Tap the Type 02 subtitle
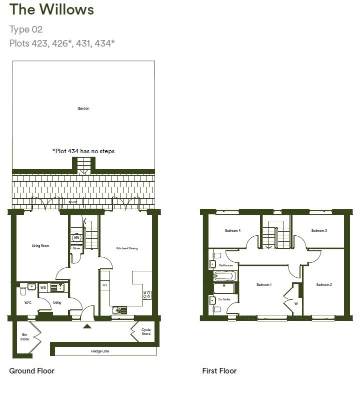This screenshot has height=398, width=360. click(26, 30)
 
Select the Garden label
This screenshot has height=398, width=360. click(83, 108)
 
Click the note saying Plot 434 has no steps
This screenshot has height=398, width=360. click(83, 151)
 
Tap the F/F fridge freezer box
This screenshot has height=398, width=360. click(105, 285)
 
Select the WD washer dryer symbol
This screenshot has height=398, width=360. click(43, 287)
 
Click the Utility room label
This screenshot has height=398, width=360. click(56, 303)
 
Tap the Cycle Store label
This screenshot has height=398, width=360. click(145, 331)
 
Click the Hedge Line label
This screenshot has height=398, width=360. click(100, 351)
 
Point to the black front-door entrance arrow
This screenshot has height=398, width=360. click(87, 326)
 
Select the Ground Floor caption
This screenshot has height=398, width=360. click(32, 371)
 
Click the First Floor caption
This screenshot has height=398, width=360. click(219, 371)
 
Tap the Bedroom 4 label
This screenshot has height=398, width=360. click(232, 231)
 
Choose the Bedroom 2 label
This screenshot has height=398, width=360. click(324, 285)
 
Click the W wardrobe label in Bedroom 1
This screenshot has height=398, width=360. click(296, 303)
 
